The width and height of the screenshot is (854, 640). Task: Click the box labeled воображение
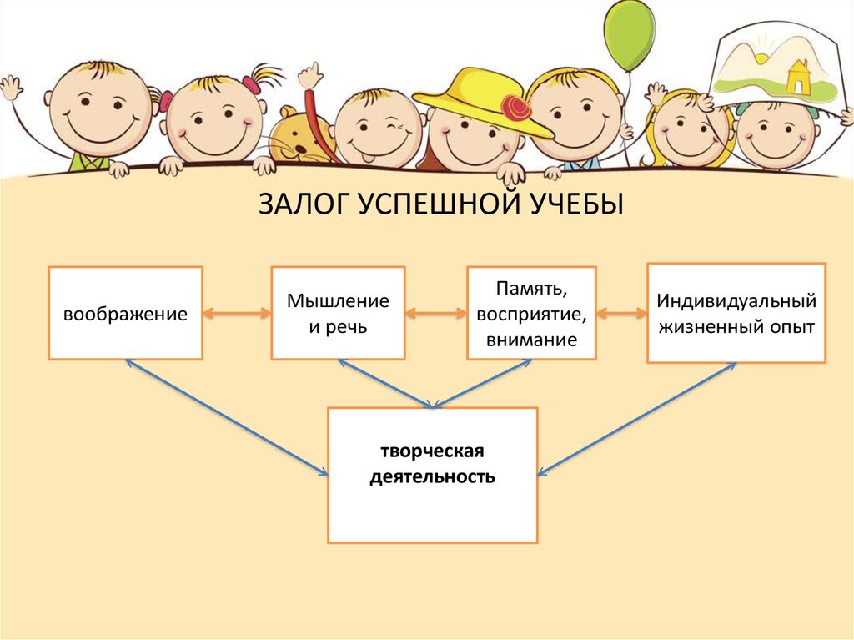[125, 313]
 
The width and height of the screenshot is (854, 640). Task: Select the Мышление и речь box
[338, 313]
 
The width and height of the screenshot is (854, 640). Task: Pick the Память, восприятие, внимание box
[531, 313]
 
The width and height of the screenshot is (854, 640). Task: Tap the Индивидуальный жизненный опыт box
[736, 313]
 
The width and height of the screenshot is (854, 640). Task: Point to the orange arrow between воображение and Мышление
[237, 314]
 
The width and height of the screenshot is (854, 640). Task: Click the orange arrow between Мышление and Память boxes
[435, 314]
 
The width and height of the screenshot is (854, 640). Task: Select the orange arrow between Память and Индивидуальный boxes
[621, 314]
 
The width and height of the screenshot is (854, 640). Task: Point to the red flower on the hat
[514, 108]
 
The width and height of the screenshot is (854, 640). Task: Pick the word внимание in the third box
[532, 340]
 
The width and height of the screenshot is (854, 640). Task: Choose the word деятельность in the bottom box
[432, 478]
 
